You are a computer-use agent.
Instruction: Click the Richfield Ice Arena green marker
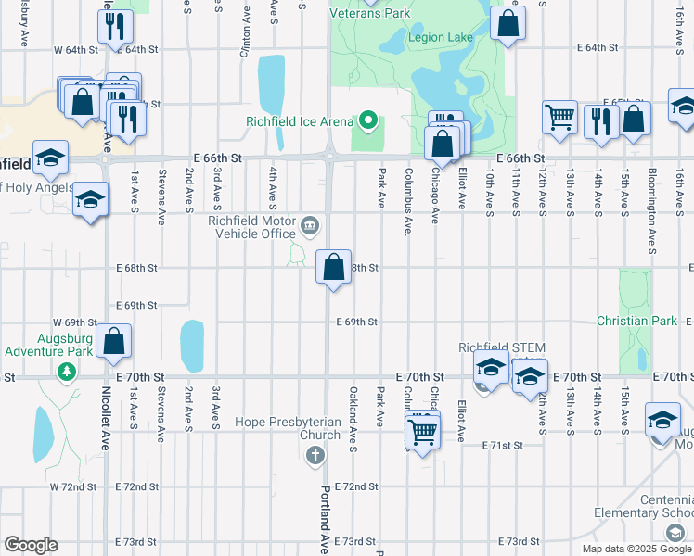[368, 120]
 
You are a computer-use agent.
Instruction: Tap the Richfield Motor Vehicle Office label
[253, 227]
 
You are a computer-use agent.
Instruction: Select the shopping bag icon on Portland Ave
[333, 267]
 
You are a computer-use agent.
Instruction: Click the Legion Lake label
[443, 37]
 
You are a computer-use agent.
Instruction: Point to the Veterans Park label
[370, 14]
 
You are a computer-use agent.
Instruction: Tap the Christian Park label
[637, 321]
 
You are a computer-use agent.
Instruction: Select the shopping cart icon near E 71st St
[422, 431]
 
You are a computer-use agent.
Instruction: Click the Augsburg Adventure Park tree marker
[66, 372]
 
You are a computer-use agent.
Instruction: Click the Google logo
[31, 545]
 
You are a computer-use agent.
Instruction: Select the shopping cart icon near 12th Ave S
[559, 118]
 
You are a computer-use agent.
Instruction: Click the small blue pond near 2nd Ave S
[192, 346]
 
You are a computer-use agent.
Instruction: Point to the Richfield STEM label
[502, 347]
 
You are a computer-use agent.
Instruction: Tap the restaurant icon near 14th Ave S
[601, 121]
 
